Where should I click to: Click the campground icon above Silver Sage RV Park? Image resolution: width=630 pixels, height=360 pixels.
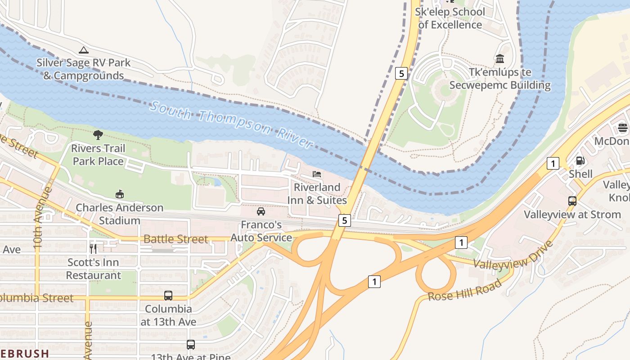(83, 50)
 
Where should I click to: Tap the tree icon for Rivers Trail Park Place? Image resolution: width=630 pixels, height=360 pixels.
(98, 135)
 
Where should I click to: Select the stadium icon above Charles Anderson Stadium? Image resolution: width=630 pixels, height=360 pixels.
(119, 194)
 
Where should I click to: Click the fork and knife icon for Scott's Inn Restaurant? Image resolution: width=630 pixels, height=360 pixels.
(93, 248)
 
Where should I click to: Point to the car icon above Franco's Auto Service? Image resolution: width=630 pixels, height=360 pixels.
(261, 211)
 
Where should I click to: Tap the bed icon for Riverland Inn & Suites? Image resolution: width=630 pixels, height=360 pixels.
(317, 174)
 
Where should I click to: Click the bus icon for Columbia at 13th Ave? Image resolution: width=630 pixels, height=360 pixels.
(168, 296)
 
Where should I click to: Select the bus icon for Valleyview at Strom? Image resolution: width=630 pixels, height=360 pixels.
(572, 201)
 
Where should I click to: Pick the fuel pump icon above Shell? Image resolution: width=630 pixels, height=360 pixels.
(580, 161)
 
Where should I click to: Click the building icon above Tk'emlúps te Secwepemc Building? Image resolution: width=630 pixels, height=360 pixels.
(499, 59)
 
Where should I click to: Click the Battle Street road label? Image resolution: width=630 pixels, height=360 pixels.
(175, 239)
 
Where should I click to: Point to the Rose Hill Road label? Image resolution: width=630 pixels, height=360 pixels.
(464, 290)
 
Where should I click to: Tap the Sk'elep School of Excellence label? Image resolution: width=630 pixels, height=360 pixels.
(450, 18)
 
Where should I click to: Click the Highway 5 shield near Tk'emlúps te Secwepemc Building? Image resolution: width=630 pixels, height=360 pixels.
(401, 73)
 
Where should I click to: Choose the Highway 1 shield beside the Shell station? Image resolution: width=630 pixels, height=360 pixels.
(553, 163)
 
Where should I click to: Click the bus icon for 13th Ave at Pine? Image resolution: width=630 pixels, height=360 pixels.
(191, 345)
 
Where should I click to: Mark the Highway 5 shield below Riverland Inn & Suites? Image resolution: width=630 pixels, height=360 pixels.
(344, 220)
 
